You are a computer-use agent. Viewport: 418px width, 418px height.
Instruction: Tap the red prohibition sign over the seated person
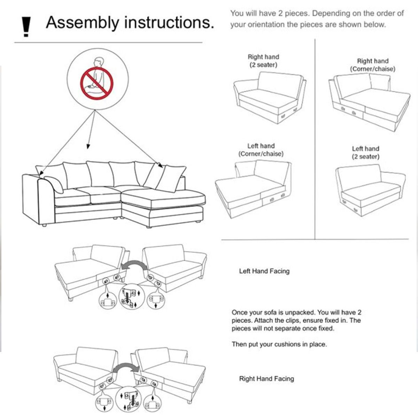click(x=97, y=84)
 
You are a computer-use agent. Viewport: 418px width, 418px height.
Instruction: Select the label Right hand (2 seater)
click(x=263, y=61)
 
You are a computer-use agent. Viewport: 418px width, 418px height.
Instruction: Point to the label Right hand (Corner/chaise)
click(x=372, y=65)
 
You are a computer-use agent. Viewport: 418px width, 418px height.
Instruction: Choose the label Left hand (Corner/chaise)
click(x=261, y=150)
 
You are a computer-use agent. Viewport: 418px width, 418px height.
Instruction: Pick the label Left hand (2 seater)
click(x=365, y=153)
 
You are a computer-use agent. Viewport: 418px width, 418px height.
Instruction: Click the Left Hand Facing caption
click(x=264, y=271)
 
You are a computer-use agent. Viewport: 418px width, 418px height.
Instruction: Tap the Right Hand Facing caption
click(x=266, y=379)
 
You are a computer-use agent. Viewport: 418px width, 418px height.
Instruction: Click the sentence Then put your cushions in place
click(x=279, y=345)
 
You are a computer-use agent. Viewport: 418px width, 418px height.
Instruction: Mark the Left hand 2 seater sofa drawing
click(x=371, y=190)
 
